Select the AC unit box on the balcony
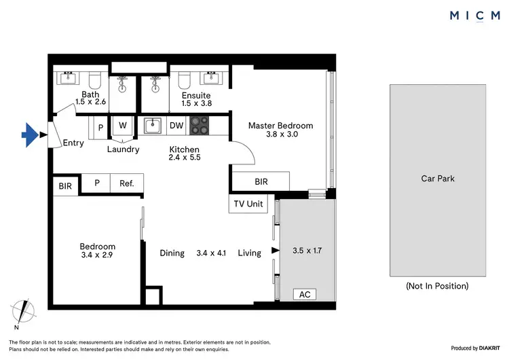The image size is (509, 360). [x=305, y=294]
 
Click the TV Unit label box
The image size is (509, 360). [x=248, y=204]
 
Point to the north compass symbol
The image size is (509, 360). [x=25, y=311]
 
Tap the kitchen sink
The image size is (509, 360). [x=153, y=125]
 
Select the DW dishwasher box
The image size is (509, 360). [x=176, y=125]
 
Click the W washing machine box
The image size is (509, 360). [x=123, y=125]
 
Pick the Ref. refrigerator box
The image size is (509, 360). [x=127, y=183]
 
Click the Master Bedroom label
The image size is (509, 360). [x=280, y=126]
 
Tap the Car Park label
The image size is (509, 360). [x=438, y=179]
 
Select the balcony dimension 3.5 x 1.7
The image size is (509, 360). [x=307, y=251]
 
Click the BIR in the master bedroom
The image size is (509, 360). [x=261, y=182]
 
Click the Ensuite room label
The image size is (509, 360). [x=196, y=96]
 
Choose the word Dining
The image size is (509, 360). [x=172, y=253]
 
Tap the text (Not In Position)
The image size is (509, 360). [x=437, y=286]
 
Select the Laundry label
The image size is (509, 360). [x=124, y=149]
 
